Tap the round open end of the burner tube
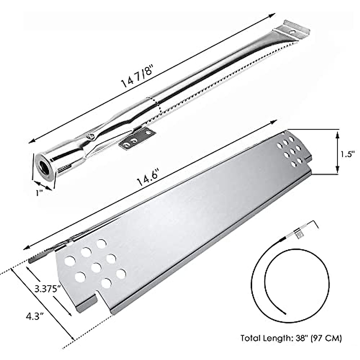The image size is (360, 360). tap(45, 167)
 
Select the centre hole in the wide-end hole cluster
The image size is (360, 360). tap(96, 267)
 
